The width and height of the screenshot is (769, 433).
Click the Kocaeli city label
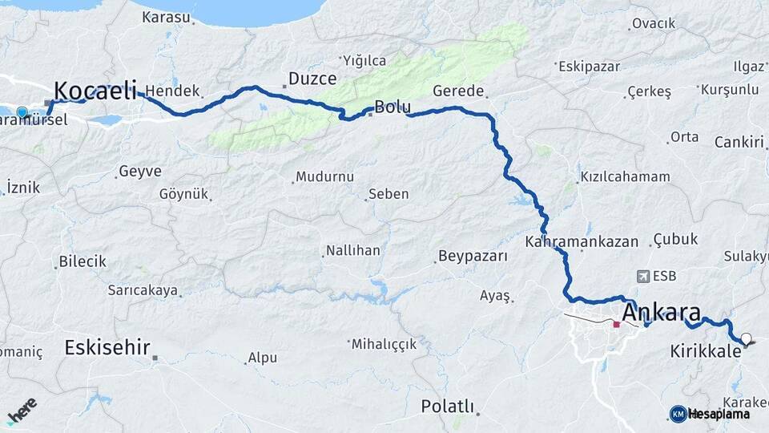[x=95, y=90]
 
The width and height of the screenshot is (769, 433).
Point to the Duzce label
[x=312, y=79]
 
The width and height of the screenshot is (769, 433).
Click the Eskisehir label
[x=107, y=348]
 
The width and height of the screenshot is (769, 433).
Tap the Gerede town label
[x=458, y=91]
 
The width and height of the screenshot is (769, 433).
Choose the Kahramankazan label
[x=582, y=241]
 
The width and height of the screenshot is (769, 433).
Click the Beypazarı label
[x=473, y=257]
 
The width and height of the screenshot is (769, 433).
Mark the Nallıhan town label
[x=353, y=251]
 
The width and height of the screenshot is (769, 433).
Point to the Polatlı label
[x=448, y=407]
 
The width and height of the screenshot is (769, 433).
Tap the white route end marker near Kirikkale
[x=747, y=339]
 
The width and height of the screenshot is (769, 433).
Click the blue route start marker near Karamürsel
[x=22, y=112]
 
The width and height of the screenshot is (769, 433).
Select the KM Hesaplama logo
[x=710, y=414]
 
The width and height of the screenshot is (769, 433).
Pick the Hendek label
[x=171, y=91]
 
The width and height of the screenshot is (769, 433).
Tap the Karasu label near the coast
[x=166, y=17]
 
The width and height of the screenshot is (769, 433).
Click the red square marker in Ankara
[x=616, y=325]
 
